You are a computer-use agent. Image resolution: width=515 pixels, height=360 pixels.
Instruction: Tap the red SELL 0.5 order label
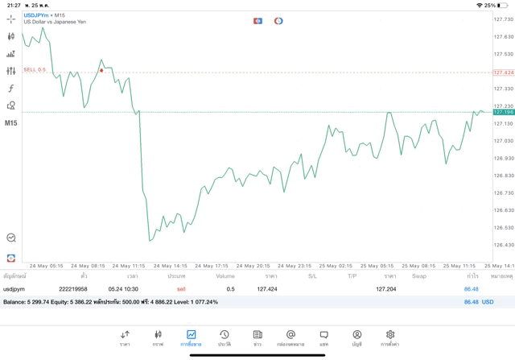point(35,70)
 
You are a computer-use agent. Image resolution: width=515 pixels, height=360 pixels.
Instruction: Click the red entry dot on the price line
point(101,71)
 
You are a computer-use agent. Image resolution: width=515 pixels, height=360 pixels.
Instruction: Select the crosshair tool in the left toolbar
point(11,19)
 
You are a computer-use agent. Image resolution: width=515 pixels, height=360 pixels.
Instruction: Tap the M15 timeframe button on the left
point(11,123)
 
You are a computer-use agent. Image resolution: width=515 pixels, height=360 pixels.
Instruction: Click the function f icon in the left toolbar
point(11,89)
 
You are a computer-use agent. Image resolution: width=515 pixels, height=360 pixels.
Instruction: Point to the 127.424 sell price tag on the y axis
point(503,72)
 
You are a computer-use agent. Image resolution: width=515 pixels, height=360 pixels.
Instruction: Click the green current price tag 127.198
point(503,112)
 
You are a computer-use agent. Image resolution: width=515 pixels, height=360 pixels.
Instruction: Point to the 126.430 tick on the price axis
point(503,245)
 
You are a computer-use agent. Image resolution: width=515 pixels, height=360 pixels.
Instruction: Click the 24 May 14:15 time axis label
point(171,266)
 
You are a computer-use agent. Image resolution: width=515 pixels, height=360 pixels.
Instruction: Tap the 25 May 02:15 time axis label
point(335,266)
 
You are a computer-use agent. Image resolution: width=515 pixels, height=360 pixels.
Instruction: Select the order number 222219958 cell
point(73,288)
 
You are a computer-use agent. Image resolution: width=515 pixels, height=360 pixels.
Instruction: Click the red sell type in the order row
point(181,288)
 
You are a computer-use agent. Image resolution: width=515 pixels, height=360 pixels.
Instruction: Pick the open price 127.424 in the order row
point(267,288)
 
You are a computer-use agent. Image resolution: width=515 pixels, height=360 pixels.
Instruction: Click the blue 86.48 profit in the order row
point(471,288)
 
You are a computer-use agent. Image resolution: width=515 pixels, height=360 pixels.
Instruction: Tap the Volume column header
point(225,276)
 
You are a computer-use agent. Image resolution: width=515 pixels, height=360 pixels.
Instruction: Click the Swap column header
point(419,276)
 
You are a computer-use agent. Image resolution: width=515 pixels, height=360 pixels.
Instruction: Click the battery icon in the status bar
point(505,5)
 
